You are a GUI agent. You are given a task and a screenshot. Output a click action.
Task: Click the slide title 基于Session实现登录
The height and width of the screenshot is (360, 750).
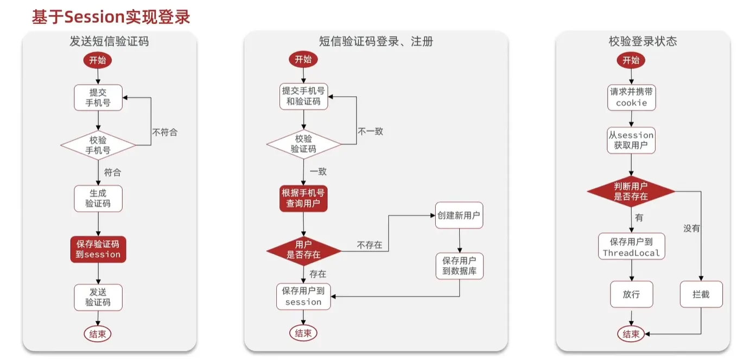tap(111, 17)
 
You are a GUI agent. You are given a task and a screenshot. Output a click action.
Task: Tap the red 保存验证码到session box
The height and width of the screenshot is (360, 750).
tap(98, 249)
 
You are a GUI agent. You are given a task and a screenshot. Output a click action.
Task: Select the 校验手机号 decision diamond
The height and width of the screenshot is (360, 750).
tap(98, 145)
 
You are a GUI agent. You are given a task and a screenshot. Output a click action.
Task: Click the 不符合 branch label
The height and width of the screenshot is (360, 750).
tap(165, 132)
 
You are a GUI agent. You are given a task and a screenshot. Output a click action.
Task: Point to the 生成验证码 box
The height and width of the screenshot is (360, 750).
tap(98, 199)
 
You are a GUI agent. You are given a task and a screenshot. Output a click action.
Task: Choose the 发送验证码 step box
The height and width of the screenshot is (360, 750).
tap(98, 298)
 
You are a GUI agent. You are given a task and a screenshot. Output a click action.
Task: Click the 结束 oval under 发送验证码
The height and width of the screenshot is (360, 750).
tap(98, 334)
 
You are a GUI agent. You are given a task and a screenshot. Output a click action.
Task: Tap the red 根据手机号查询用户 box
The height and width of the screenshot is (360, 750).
tap(303, 198)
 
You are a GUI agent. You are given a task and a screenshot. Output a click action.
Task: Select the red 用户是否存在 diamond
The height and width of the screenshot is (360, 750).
tap(304, 250)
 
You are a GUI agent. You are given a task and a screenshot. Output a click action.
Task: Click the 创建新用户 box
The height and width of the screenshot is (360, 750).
tap(459, 216)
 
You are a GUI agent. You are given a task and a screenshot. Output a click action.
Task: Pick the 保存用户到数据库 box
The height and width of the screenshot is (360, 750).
tap(459, 266)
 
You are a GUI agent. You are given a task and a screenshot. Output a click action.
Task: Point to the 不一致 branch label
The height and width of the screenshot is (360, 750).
tap(370, 131)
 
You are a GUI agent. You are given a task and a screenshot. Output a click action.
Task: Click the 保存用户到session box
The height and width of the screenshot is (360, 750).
tap(303, 296)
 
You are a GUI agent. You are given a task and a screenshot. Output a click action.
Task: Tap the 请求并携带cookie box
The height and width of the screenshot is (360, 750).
tap(632, 97)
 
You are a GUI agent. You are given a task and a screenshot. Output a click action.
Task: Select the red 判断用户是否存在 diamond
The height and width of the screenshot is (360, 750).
tap(631, 191)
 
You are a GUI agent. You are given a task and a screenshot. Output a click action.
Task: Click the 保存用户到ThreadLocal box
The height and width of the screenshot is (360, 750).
tap(632, 247)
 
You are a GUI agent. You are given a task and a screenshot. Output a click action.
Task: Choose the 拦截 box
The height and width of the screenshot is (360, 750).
tap(701, 294)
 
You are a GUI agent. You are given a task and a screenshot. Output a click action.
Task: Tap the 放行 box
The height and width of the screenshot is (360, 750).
tap(632, 294)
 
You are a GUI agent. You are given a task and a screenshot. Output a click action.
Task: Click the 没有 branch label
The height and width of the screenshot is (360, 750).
tap(691, 229)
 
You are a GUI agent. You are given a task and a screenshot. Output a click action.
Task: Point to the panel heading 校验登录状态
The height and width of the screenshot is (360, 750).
tap(643, 41)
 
